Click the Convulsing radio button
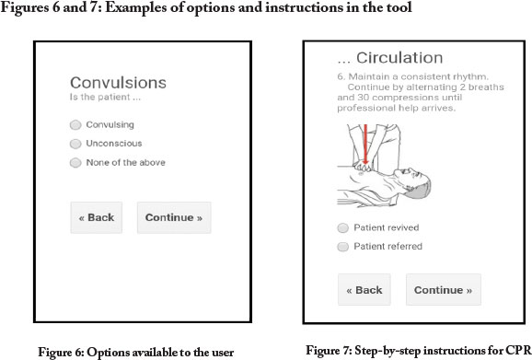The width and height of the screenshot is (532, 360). click(x=75, y=125)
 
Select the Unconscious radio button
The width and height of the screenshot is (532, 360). click(x=75, y=144)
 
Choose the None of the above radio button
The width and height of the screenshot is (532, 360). click(x=75, y=163)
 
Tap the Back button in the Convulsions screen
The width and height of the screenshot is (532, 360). click(x=97, y=217)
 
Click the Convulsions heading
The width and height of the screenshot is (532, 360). click(x=118, y=83)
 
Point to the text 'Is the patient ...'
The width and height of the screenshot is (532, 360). click(x=105, y=97)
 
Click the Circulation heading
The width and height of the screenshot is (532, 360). click(x=390, y=58)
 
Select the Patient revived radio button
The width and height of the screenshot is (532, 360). click(x=342, y=227)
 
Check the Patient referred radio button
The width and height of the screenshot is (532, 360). click(x=342, y=247)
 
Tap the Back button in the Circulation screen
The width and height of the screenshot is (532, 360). click(x=364, y=290)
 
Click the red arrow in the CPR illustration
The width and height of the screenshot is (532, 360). click(x=365, y=146)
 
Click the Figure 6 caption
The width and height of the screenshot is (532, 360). click(x=135, y=353)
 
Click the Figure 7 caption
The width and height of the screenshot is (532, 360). click(x=419, y=350)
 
